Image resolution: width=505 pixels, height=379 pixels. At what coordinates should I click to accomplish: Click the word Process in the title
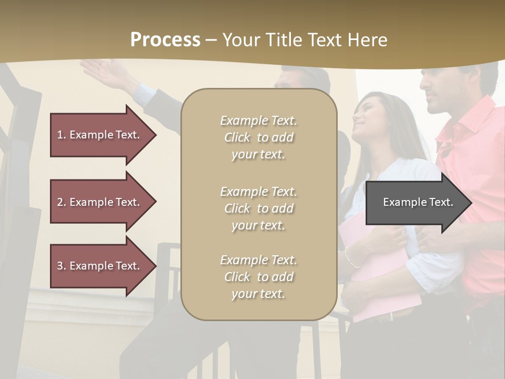tap(165, 40)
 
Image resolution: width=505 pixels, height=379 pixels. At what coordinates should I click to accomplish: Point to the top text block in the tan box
tap(258, 137)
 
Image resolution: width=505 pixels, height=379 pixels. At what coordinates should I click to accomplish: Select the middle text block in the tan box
tap(258, 208)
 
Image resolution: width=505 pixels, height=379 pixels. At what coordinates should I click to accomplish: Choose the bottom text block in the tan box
tap(258, 277)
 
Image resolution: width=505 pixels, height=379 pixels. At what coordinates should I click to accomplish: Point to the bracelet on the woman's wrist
tap(348, 256)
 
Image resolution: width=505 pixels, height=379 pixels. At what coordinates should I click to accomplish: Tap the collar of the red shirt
tap(463, 126)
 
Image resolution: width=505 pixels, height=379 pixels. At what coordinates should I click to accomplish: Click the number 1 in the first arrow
tap(60, 135)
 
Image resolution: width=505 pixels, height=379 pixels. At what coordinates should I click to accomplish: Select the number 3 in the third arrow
tap(60, 266)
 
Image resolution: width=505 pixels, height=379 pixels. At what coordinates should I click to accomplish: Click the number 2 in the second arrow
tap(60, 202)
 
